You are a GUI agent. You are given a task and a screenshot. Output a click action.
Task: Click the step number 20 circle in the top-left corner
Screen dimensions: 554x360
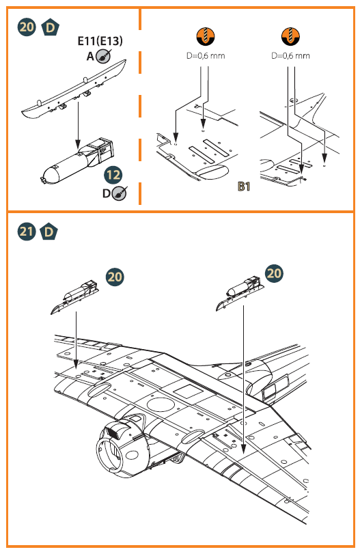click(27, 27)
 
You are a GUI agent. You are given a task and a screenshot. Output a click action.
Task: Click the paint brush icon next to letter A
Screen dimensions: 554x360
click(103, 57)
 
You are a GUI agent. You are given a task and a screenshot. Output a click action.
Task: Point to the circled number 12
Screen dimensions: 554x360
click(113, 176)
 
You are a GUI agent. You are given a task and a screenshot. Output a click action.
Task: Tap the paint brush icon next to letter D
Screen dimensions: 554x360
click(119, 193)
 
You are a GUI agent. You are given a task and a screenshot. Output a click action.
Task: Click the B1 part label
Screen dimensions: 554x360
click(243, 186)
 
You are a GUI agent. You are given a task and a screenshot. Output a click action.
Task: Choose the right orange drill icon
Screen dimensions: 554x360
click(290, 37)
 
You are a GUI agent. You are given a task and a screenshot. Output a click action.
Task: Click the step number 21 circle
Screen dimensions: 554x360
click(27, 232)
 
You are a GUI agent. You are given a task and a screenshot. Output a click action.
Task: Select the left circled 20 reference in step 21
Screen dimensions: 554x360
click(115, 277)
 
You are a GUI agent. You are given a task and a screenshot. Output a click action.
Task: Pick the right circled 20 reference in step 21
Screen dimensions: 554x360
click(274, 273)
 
